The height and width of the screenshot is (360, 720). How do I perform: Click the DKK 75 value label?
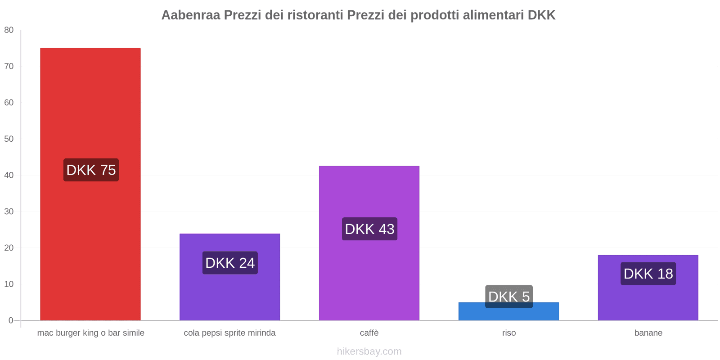click(x=91, y=170)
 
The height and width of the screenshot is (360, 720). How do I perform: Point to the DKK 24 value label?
click(x=230, y=263)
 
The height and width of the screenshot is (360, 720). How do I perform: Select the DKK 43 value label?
click(x=369, y=229)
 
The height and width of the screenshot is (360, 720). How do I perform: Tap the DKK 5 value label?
click(x=509, y=297)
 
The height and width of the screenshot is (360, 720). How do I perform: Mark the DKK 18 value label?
click(x=648, y=274)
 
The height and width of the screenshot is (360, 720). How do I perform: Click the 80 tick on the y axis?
click(x=9, y=30)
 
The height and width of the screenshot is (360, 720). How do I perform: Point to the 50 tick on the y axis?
click(x=9, y=139)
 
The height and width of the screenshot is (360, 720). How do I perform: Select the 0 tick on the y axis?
click(x=11, y=320)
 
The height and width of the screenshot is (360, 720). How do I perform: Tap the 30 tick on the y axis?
click(x=9, y=211)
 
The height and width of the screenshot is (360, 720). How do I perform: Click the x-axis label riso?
click(x=509, y=333)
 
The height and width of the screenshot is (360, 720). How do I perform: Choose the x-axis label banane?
click(x=648, y=333)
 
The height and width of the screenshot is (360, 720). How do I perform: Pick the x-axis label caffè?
click(x=369, y=333)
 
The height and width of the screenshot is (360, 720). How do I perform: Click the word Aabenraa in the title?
click(x=191, y=15)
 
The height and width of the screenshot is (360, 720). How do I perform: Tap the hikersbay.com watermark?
click(x=369, y=351)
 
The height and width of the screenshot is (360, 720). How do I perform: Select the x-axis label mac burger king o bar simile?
click(x=90, y=333)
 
